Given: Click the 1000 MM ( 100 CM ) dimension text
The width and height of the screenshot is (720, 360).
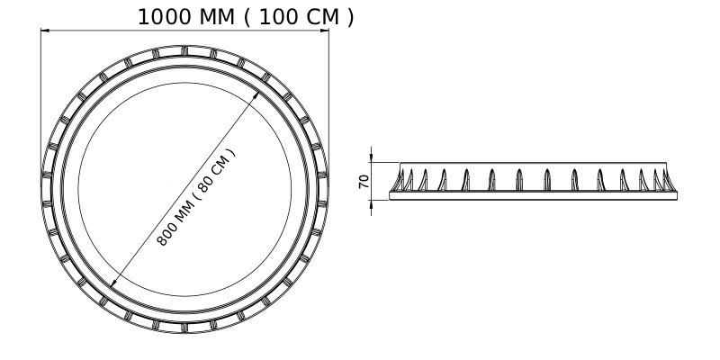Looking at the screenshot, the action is pos(246,17).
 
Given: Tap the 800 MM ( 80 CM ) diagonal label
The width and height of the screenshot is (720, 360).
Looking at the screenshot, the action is pos(196,197).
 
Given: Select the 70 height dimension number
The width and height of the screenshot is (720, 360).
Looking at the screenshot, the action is pos(364,182).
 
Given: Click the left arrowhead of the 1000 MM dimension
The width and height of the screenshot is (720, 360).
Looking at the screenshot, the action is pos(45,31).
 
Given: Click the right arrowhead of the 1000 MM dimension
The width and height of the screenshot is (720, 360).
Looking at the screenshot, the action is pos(325,31).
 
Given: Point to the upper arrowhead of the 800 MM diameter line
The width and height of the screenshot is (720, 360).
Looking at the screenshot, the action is pos(256,95).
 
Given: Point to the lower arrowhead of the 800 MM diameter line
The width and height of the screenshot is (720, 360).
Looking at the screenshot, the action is pos(114,283).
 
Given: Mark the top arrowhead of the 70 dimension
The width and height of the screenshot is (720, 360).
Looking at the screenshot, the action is pos(371,158).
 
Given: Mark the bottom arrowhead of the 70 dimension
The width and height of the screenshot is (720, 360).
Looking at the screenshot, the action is pos(371,204).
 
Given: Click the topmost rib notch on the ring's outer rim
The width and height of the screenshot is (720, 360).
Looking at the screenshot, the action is pos(184,50).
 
